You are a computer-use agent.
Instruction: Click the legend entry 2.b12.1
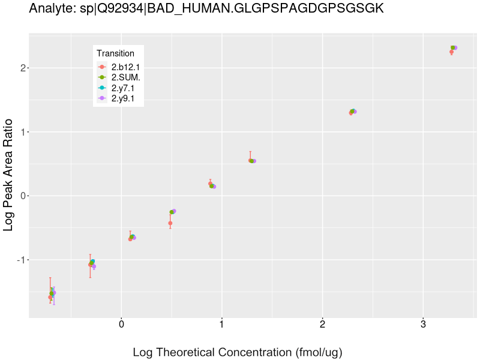[125, 67]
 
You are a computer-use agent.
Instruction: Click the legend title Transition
[115, 53]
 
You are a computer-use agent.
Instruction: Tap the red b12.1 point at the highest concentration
[451, 52]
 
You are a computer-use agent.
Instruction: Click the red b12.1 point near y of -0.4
[170, 223]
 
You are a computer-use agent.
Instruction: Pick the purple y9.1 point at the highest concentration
[455, 48]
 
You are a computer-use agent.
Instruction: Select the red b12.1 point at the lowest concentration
[50, 297]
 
